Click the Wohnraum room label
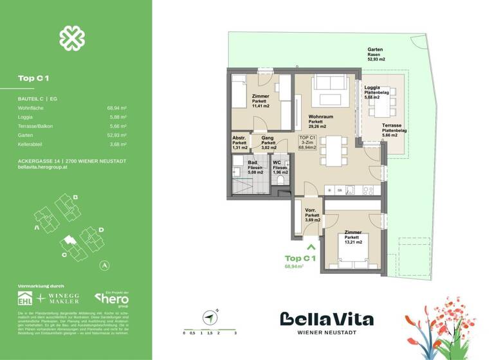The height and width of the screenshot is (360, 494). [x=320, y=116]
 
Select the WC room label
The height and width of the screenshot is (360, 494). [x=277, y=162]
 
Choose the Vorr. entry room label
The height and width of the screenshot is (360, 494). [x=311, y=211]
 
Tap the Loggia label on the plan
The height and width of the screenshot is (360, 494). [x=372, y=87]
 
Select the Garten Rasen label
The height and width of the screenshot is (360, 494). [x=376, y=50]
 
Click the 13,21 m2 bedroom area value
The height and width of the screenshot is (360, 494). [x=353, y=243]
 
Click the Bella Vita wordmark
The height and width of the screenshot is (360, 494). [x=327, y=319]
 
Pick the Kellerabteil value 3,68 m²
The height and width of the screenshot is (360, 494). [x=116, y=145]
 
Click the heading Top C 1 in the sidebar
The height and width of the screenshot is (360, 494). [x=33, y=78]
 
